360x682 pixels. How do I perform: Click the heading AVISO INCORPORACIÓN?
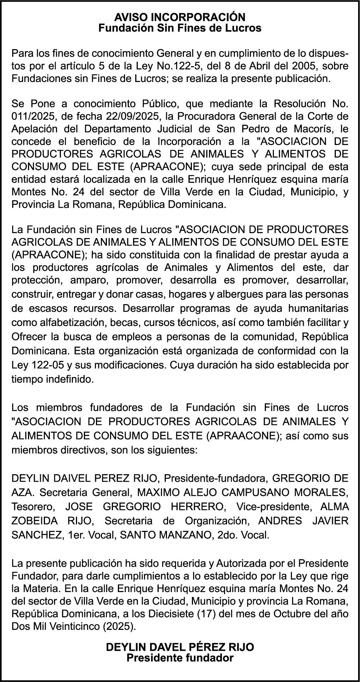180,17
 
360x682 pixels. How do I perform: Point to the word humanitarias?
318,308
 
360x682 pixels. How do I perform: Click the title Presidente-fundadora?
216,478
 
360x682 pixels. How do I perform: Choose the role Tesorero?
32,506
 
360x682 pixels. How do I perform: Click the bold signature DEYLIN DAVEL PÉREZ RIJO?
180,647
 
